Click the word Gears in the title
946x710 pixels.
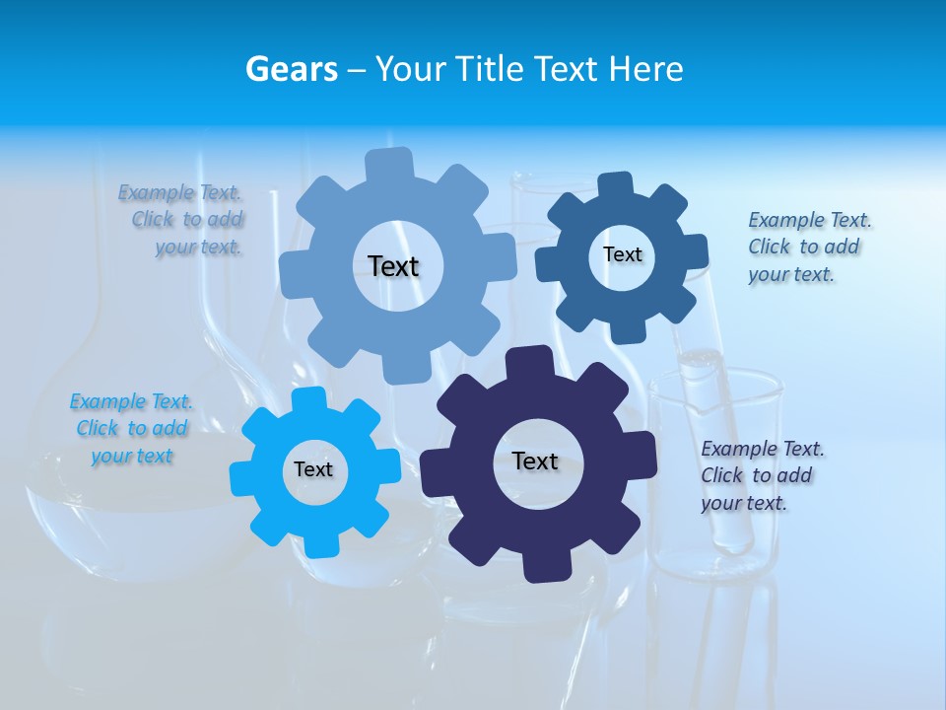point(291,69)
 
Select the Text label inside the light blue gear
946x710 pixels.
point(393,266)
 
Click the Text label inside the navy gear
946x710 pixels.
point(535,461)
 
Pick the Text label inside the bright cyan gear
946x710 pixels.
point(313,470)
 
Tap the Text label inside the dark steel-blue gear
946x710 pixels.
point(622,254)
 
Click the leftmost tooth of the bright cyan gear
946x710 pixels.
point(242,476)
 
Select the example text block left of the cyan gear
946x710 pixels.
point(131,429)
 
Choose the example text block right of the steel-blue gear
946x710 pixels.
point(808,247)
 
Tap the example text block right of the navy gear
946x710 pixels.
point(762,475)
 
